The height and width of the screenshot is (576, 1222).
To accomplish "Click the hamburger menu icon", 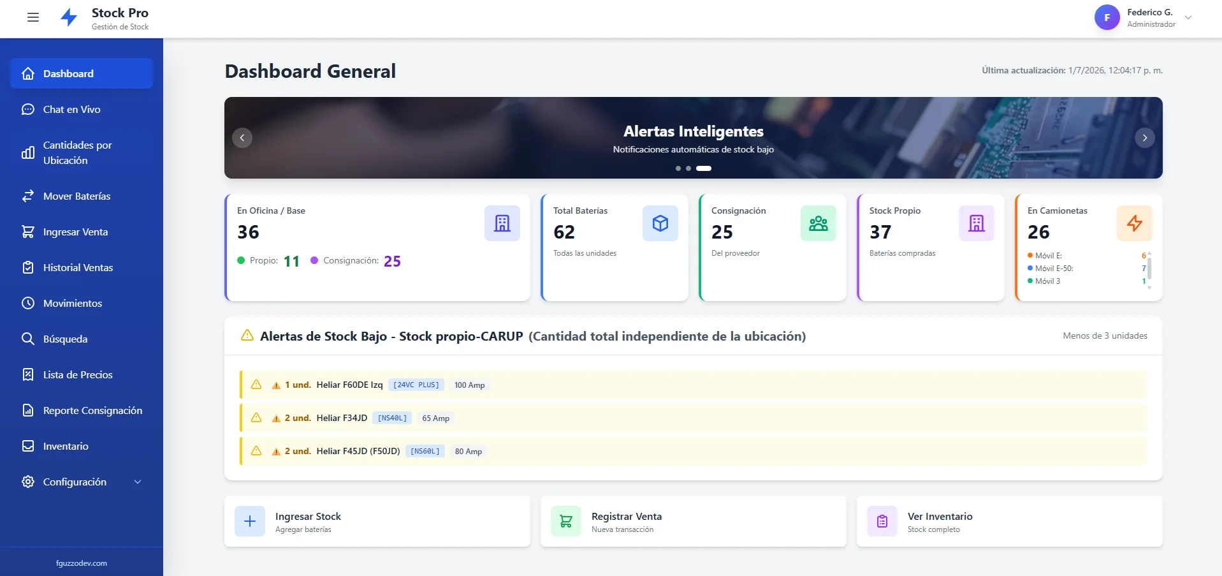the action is pos(33,17).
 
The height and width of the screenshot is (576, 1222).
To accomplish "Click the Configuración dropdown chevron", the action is pos(138,482).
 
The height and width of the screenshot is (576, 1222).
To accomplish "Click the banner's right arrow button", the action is pos(1145,138).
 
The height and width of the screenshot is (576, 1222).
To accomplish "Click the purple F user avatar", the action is pos(1107,18).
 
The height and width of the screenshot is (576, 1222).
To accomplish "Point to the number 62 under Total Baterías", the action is pos(564,232).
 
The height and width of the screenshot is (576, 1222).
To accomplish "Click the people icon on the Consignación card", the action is pos(818,223).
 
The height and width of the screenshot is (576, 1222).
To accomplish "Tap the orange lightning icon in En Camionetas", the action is pos(1135,223).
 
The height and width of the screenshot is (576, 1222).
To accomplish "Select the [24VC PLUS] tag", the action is pos(416,385).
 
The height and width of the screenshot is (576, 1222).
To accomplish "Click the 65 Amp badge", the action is pos(436,418).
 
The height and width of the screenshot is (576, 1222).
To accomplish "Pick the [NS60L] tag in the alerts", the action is pos(425,451).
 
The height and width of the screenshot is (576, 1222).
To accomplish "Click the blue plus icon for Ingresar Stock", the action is pos(250,521).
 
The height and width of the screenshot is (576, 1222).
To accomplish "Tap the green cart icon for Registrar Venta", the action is pos(566,521).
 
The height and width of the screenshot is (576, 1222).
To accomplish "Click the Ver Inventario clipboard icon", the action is pos(882,521).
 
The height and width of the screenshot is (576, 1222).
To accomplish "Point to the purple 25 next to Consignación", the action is pos(392,262).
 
